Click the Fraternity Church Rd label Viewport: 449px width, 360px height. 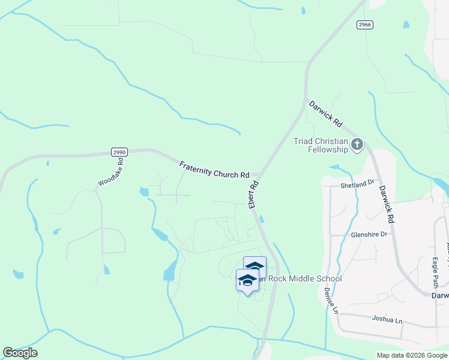[x=214, y=170]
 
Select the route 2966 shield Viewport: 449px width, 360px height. [x=364, y=24]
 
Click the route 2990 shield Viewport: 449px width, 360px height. [x=119, y=152]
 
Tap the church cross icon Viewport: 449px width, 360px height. [x=357, y=144]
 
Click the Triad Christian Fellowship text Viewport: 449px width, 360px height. [x=321, y=145]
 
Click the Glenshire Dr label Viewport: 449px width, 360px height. [x=369, y=235]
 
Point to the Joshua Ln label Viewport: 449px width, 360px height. [x=386, y=319]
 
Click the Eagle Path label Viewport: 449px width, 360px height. [x=435, y=272]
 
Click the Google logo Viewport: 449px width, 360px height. [x=20, y=353]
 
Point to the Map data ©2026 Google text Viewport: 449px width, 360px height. [x=412, y=355]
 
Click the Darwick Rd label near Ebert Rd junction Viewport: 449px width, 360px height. [x=325, y=114]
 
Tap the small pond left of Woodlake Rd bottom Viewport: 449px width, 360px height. [x=18, y=274]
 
